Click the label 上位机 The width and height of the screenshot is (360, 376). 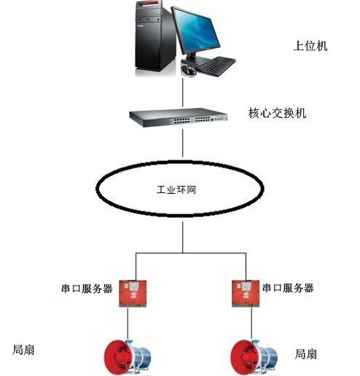[310, 46]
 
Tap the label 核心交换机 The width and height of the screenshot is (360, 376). [277, 113]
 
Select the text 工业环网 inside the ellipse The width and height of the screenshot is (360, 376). [176, 189]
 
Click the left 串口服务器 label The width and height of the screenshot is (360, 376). [87, 289]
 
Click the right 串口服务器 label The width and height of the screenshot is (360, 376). [289, 288]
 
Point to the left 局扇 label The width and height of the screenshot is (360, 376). [23, 350]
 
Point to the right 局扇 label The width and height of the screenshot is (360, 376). [306, 354]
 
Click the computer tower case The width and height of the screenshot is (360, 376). [154, 36]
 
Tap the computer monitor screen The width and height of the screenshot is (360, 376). [197, 31]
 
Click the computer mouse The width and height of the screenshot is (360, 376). [188, 70]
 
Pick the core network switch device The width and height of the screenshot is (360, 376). [179, 117]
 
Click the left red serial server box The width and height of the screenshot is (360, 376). [133, 294]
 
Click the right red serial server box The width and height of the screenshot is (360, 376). [246, 294]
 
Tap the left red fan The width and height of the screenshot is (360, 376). [128, 357]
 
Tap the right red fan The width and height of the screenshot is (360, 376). [254, 358]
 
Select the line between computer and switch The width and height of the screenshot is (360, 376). [183, 93]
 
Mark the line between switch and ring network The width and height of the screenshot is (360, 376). [183, 144]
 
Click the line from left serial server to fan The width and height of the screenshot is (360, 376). [128, 324]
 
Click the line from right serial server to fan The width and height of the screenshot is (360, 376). [251, 324]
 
